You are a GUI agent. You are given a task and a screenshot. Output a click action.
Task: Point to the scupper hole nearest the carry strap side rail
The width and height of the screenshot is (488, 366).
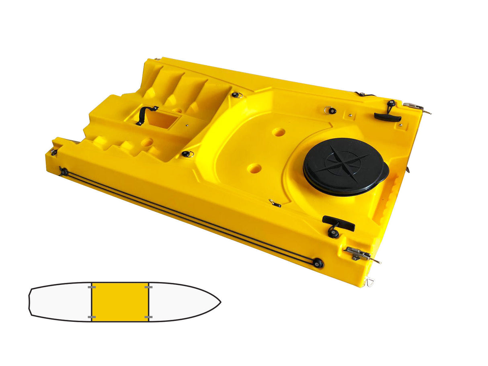point(254,168)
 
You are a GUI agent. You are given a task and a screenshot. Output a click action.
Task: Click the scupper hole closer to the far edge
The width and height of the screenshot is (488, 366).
point(279,132)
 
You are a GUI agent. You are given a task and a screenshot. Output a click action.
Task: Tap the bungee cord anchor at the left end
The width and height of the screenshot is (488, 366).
point(64,172)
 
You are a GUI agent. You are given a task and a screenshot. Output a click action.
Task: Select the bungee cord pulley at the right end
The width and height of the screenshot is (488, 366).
point(318,263)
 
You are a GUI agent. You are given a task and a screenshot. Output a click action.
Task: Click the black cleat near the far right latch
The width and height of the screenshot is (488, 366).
point(388,117)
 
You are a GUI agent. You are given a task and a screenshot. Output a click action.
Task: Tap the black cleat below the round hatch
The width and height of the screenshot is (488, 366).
point(338,224)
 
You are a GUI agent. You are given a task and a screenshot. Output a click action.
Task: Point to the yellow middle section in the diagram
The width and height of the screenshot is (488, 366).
point(120,302)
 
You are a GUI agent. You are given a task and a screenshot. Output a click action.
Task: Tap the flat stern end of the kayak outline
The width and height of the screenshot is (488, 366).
point(30,302)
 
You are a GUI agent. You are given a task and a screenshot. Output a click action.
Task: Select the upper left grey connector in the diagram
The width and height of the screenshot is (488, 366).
point(92,287)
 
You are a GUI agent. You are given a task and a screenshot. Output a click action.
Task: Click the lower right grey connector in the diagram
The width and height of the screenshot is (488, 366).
point(148,317)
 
